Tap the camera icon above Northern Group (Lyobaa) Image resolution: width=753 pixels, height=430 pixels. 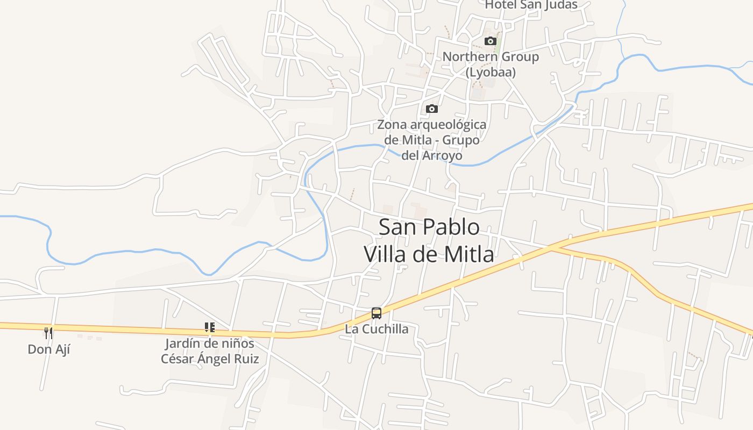(490, 41)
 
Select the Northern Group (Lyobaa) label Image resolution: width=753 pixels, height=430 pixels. (491, 64)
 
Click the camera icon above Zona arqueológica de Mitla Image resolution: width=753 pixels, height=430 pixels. (431, 109)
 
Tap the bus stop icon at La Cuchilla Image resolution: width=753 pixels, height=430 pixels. (376, 313)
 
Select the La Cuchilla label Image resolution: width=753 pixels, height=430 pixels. (376, 329)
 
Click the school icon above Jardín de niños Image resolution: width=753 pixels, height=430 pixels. (210, 327)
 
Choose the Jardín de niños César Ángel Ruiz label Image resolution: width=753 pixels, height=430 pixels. (210, 351)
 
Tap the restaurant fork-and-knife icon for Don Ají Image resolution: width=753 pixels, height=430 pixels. (49, 333)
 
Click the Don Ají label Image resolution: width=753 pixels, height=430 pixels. (49, 349)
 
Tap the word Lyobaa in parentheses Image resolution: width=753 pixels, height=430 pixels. (491, 72)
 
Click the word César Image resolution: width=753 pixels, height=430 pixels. (179, 359)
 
